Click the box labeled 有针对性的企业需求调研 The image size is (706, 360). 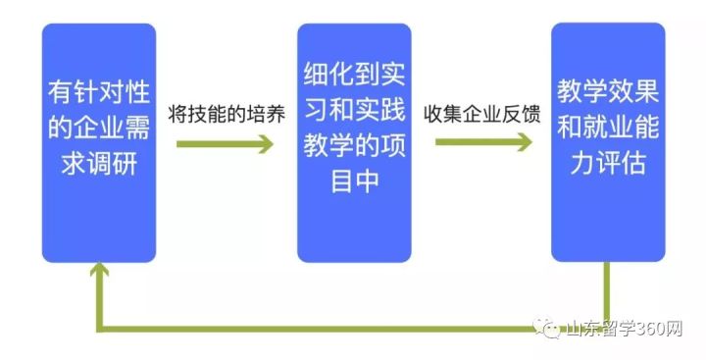(98, 142)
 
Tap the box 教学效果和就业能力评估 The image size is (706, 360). (608, 142)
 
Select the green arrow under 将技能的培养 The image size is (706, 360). (225, 144)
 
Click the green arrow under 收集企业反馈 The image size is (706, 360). (482, 142)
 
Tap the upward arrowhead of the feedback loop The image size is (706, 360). (98, 274)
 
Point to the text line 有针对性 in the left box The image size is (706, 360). (99, 95)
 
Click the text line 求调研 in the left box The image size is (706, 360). (99, 162)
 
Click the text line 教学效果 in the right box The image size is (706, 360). (608, 94)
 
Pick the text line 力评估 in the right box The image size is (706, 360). (608, 162)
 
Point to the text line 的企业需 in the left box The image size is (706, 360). (99, 129)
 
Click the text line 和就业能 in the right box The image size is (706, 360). (608, 128)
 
